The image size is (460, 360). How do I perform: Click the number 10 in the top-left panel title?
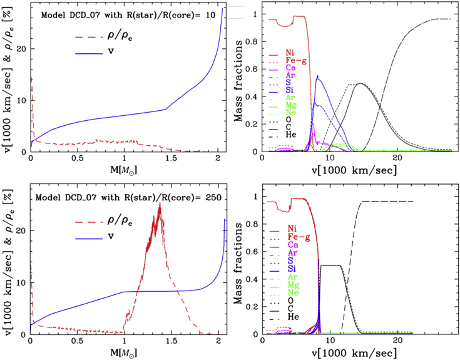pyautogui.click(x=211, y=14)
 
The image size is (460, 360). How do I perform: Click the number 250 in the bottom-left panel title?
pyautogui.click(x=213, y=197)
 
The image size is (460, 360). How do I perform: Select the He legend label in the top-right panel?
pyautogui.click(x=291, y=135)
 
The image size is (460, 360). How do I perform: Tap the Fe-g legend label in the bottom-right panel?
pyautogui.click(x=299, y=237)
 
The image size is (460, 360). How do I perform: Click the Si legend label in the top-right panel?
pyautogui.click(x=290, y=90)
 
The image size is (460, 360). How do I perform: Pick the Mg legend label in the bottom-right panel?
pyautogui.click(x=293, y=284)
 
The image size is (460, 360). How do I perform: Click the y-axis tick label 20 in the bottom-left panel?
pyautogui.click(x=21, y=230)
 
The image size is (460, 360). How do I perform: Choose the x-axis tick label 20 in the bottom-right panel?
pyautogui.click(x=397, y=341)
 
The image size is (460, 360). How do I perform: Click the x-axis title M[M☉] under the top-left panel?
pyautogui.click(x=123, y=170)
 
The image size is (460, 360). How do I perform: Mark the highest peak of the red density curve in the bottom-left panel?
pyautogui.click(x=160, y=203)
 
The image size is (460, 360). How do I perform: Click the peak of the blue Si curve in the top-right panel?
pyautogui.click(x=317, y=76)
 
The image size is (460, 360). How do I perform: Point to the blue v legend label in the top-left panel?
pyautogui.click(x=111, y=51)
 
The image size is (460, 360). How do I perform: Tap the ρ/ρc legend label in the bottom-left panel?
pyautogui.click(x=120, y=220)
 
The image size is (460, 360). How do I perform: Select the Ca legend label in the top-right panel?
pyautogui.click(x=291, y=68)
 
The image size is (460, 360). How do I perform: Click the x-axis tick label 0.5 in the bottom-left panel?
pyautogui.click(x=77, y=341)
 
